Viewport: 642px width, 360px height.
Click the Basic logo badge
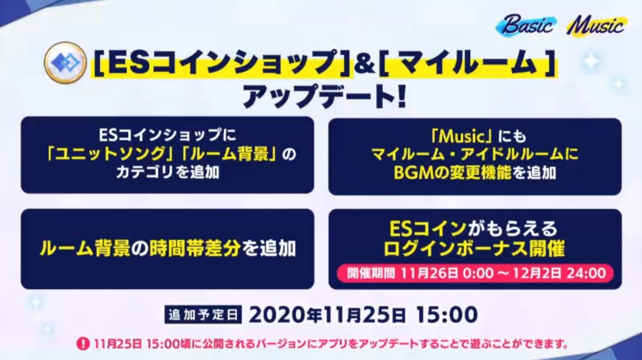point(526,25)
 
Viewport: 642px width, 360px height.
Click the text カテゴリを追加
point(168,172)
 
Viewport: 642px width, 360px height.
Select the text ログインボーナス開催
point(474,249)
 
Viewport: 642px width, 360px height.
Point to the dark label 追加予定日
point(203,315)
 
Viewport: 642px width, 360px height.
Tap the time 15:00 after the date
point(447,315)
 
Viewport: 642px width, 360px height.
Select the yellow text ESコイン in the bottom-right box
point(427,229)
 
